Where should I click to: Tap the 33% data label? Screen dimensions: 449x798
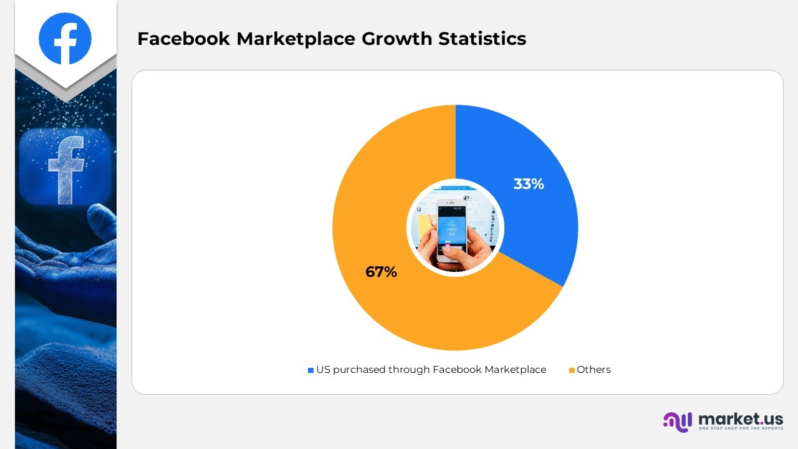(529, 184)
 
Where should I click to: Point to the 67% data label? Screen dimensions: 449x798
(381, 272)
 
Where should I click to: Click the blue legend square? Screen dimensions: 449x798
(310, 370)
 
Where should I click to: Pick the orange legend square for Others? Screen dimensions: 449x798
(572, 370)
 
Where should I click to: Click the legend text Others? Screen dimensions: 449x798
(594, 370)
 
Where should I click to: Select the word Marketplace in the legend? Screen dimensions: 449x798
(515, 370)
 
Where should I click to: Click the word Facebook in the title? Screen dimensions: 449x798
(183, 39)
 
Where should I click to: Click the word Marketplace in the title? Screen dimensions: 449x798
(296, 39)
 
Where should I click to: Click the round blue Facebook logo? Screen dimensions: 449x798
(65, 38)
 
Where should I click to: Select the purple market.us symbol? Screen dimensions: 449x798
(678, 422)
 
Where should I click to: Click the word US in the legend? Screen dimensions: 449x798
(322, 370)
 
